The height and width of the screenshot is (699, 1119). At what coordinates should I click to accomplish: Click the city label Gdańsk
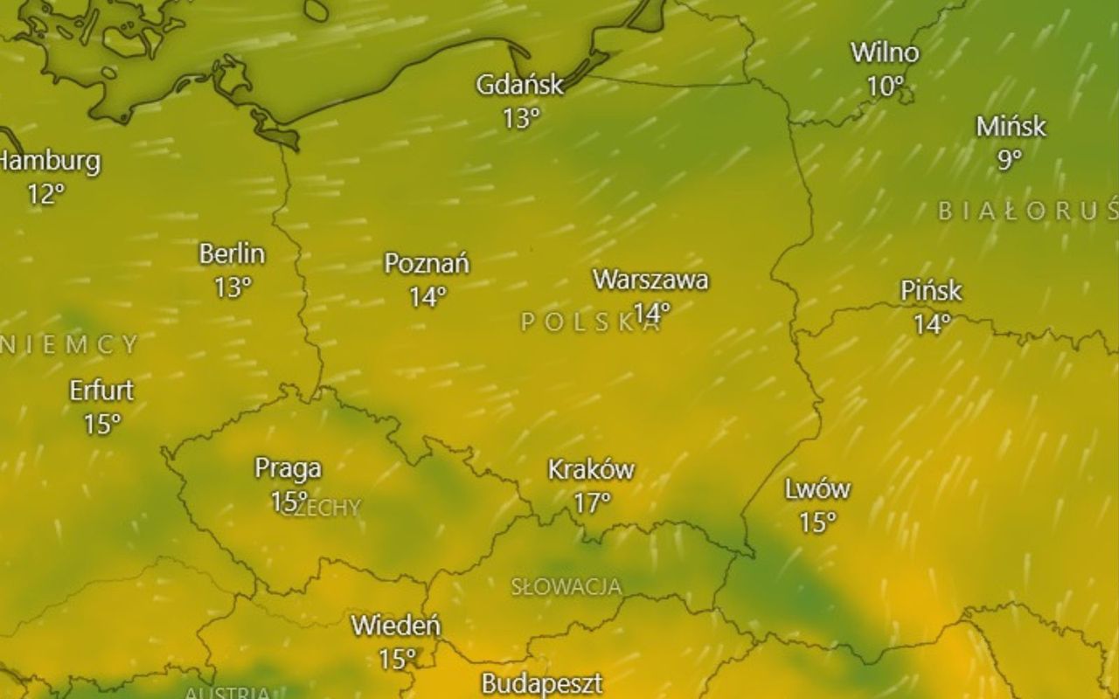(x=519, y=85)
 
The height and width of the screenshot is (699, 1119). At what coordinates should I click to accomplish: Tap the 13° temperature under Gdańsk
(x=521, y=118)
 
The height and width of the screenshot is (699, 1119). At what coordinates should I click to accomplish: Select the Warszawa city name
(x=650, y=280)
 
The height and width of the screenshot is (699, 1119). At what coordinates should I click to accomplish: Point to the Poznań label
(x=427, y=263)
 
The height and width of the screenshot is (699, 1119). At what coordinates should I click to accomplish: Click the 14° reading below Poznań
(x=427, y=297)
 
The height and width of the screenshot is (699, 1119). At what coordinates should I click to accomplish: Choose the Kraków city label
(x=591, y=469)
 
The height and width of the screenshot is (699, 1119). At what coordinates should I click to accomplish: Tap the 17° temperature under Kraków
(x=592, y=502)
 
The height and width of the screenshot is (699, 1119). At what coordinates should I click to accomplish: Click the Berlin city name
(x=232, y=254)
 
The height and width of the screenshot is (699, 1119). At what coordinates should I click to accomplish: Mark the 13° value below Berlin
(x=233, y=287)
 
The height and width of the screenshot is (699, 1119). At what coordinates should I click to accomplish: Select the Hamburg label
(x=50, y=162)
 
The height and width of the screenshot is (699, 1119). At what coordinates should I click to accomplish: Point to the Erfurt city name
(x=101, y=391)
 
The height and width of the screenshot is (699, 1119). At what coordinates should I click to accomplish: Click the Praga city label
(x=288, y=468)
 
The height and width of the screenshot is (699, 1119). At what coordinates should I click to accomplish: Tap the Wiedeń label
(x=396, y=626)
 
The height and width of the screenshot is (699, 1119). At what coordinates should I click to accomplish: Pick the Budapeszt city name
(x=541, y=682)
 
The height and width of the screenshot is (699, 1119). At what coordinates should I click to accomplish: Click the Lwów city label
(x=817, y=489)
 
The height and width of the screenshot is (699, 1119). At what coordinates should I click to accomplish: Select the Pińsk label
(x=931, y=290)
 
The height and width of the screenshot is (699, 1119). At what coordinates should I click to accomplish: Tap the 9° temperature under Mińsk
(x=1010, y=160)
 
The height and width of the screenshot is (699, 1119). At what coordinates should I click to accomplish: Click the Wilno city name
(x=885, y=52)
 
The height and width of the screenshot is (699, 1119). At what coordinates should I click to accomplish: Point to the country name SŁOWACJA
(x=566, y=586)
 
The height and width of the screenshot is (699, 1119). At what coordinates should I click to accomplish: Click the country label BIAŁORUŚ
(x=1028, y=211)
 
